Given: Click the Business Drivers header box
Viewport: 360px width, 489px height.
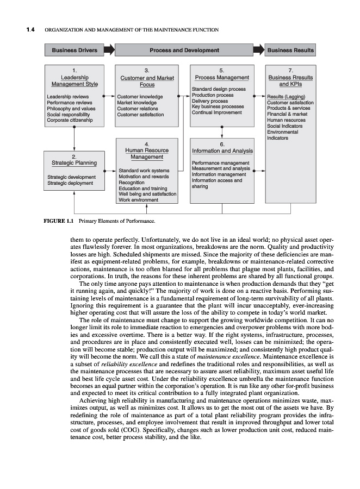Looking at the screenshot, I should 75,51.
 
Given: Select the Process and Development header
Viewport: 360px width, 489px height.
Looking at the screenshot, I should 184,51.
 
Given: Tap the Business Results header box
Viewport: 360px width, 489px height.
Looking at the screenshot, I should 290,51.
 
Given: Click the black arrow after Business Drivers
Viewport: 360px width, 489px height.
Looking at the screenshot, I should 109,51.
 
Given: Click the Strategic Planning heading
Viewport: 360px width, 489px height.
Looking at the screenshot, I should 74,162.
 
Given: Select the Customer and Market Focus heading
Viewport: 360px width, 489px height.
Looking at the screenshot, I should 147,81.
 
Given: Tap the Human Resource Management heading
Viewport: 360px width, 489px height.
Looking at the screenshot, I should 147,153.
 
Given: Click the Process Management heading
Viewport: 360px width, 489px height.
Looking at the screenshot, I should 222,78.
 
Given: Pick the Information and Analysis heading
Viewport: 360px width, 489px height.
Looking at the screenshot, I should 222,151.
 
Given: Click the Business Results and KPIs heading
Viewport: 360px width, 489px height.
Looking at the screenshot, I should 291,80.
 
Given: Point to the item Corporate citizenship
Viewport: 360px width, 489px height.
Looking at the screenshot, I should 70,120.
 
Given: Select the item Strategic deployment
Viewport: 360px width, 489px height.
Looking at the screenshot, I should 70,183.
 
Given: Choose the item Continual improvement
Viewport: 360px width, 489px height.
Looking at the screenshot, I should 216,112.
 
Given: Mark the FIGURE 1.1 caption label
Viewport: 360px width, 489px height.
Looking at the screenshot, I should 59,221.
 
